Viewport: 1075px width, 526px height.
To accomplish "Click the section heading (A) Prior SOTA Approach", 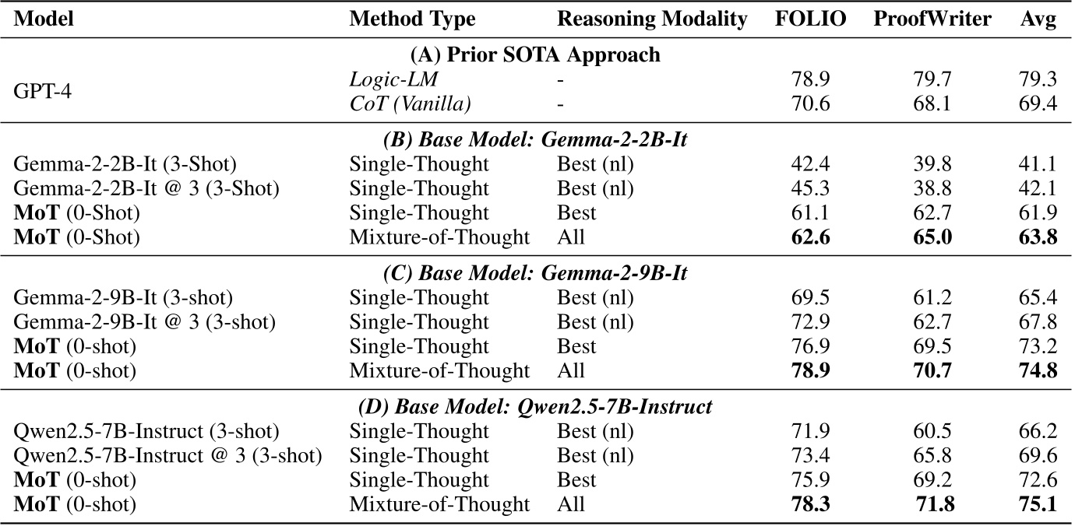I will pos(535,55).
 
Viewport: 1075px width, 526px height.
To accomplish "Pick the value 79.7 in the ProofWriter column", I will pos(932,79).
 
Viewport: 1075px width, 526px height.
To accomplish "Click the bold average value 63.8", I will pos(1038,237).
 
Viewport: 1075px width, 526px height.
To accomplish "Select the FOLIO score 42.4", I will pos(810,165).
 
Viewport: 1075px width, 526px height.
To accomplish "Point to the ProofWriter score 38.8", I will pos(932,189).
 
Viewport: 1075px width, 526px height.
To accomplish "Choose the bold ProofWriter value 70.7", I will pos(932,371).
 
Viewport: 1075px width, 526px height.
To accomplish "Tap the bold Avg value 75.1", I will pos(1038,505).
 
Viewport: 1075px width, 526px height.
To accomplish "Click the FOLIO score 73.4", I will pos(810,456).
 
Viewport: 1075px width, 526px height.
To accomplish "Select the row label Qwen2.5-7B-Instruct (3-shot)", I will pos(147,432).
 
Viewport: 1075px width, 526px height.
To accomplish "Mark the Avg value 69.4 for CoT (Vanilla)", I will pos(1038,103).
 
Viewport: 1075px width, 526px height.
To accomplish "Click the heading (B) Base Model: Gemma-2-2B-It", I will pos(535,140).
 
